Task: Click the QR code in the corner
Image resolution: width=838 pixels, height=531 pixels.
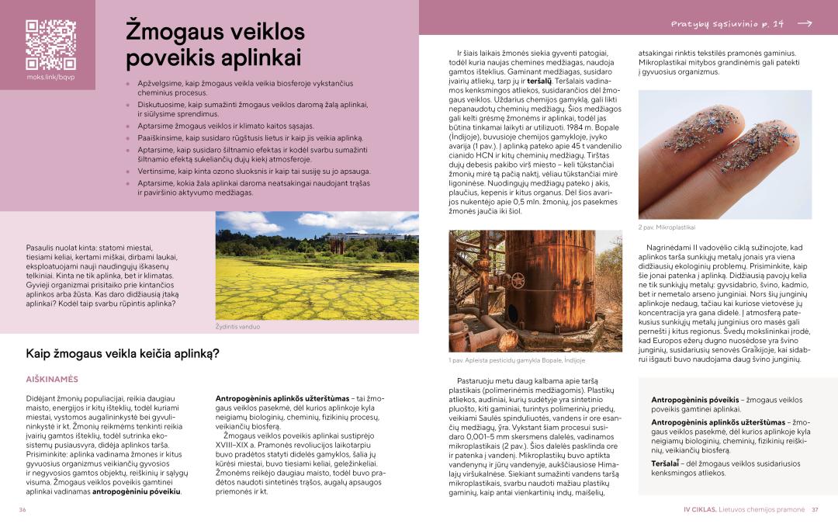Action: pos(50,44)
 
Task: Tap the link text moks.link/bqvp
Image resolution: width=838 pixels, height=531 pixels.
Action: pos(50,78)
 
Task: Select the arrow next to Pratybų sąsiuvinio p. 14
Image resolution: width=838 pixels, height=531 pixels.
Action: pos(805,24)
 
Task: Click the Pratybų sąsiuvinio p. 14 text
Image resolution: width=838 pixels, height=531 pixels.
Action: pos(727,24)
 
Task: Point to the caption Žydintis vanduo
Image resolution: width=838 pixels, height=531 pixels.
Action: pos(237,327)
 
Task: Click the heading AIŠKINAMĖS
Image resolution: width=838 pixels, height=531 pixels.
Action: pos(52,379)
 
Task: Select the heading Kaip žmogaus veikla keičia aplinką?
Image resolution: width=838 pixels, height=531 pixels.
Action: pos(123,354)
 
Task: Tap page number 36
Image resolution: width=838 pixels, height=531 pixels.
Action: pos(23,510)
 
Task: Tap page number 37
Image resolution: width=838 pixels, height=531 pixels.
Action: pos(815,510)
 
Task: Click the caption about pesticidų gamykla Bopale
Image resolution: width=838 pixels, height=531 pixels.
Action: pos(517,360)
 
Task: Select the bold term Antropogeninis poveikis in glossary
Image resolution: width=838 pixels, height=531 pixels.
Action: pos(694,400)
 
